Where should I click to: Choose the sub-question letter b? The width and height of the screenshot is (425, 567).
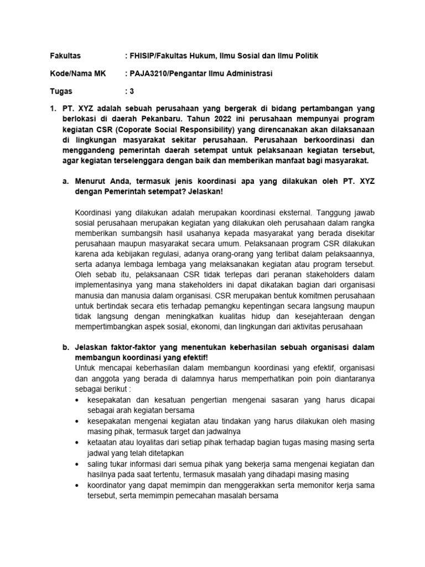pyautogui.click(x=65, y=347)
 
